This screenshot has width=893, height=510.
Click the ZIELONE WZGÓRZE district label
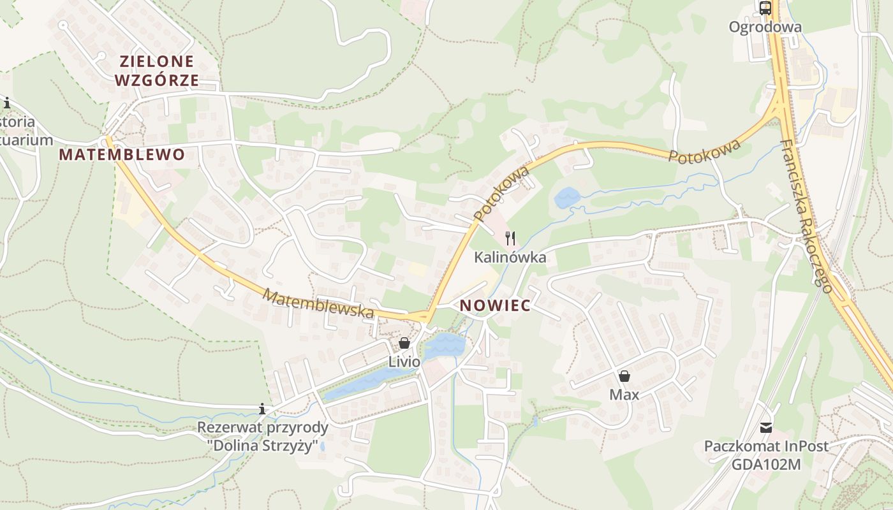[x=157, y=71]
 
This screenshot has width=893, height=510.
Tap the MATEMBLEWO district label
[x=122, y=154]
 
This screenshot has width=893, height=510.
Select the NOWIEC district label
[x=495, y=305]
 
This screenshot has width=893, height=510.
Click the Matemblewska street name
[x=318, y=304]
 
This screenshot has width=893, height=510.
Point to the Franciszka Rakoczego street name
[x=806, y=216]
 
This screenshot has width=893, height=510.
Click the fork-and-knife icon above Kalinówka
[x=510, y=238]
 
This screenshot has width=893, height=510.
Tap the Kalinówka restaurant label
[x=510, y=258]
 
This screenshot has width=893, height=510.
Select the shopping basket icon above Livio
[x=404, y=344]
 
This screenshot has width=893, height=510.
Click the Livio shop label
[x=404, y=362]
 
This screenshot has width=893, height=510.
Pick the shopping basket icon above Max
[x=624, y=376]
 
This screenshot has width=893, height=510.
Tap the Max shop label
[x=624, y=395]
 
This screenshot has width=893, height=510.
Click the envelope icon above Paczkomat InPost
[x=765, y=427]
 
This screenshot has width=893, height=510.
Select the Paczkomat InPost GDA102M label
[x=766, y=455]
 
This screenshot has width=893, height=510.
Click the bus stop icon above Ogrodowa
[x=765, y=8]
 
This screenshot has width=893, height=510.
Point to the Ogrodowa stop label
[x=765, y=27]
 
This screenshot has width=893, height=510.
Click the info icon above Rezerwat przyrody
[x=262, y=409]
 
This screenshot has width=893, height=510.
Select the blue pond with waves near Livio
[x=445, y=345]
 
